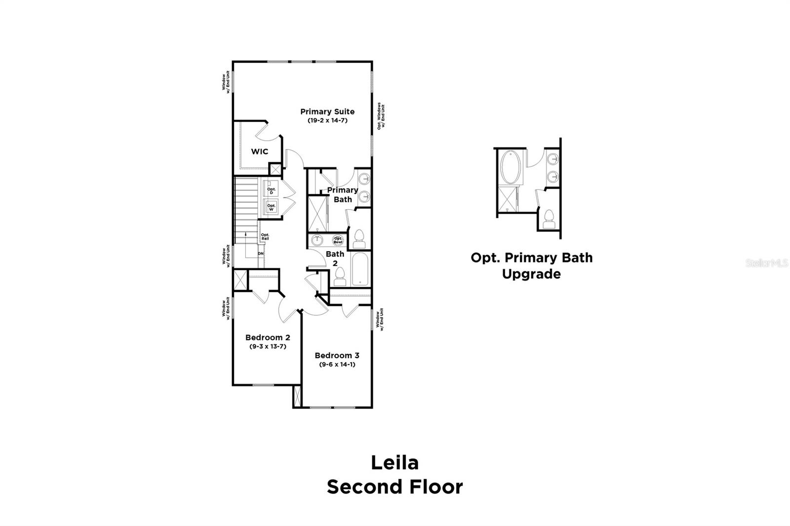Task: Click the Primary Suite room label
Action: pos(327,112)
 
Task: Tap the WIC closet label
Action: pos(259,151)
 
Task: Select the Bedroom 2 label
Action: pos(268,338)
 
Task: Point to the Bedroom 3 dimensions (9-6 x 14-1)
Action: pos(337,365)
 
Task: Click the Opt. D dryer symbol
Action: pos(271,190)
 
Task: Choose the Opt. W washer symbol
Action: pos(271,207)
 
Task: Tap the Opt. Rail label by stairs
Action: pos(265,236)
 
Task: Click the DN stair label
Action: pos(260,254)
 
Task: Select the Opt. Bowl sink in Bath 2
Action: pos(338,240)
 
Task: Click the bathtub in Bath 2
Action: pos(360,269)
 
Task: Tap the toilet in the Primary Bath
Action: pos(359,239)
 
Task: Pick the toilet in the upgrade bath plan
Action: pos(549,219)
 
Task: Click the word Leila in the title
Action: pos(395,463)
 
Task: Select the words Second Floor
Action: pos(395,487)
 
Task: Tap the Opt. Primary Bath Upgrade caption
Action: pos(531,265)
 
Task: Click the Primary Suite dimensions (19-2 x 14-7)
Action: pos(327,120)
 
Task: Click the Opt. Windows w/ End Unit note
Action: pos(381,116)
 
